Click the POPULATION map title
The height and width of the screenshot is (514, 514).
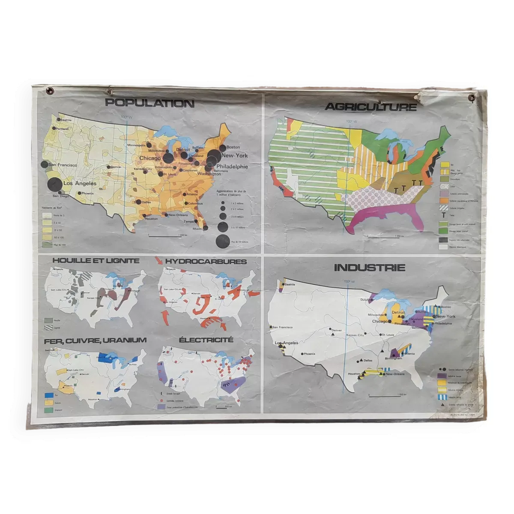coord(149,103)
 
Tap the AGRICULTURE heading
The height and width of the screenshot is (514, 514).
coord(371,107)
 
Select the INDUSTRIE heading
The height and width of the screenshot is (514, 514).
coord(369,268)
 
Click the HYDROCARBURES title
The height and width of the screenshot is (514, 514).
coord(206,261)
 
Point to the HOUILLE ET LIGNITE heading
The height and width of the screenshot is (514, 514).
coord(96,260)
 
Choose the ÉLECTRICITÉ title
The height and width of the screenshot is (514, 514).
coord(206,340)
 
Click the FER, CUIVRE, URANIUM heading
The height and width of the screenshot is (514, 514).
coord(95,341)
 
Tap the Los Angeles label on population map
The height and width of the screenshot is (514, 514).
coord(80,183)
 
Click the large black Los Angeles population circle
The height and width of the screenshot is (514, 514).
coord(55,185)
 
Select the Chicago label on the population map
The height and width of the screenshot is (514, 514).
coord(150,158)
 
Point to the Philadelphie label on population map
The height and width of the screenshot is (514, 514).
coord(232,167)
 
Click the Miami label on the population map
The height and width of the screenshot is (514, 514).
coord(197,229)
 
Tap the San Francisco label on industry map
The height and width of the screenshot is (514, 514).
coord(282,327)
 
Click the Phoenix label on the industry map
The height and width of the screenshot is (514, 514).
coord(309,354)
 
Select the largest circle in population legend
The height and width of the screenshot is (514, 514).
coord(223,242)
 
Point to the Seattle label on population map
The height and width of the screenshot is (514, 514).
coord(66,120)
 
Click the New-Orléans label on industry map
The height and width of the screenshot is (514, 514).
coord(395,374)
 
